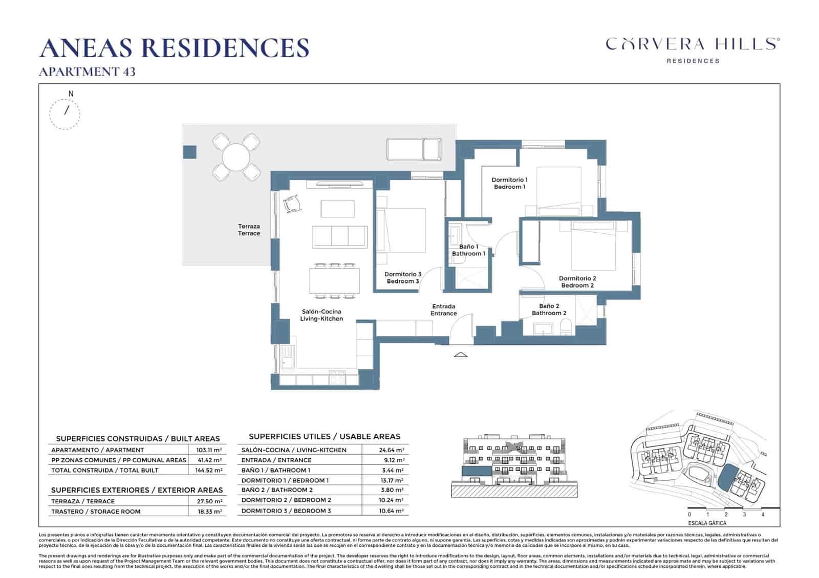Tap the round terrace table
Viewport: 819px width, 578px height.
coord(236,157)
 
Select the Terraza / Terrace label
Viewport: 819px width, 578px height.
coord(249,230)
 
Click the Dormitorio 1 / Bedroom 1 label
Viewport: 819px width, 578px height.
coord(509,183)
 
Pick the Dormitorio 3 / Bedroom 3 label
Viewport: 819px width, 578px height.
coord(403,278)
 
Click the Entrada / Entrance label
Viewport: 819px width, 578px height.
coord(443,310)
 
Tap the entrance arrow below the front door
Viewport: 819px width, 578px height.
coord(461,354)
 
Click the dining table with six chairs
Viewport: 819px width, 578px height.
coord(334,281)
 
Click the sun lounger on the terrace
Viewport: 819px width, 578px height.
coord(414,149)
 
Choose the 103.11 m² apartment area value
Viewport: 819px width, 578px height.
coord(209,450)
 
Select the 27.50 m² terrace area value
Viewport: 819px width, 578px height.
coord(209,501)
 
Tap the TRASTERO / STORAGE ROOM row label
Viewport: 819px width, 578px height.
coord(96,512)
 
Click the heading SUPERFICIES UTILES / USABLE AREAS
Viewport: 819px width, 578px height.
coord(324,436)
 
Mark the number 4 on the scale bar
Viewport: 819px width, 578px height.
coord(763,515)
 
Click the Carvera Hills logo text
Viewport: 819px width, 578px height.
coord(693,44)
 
